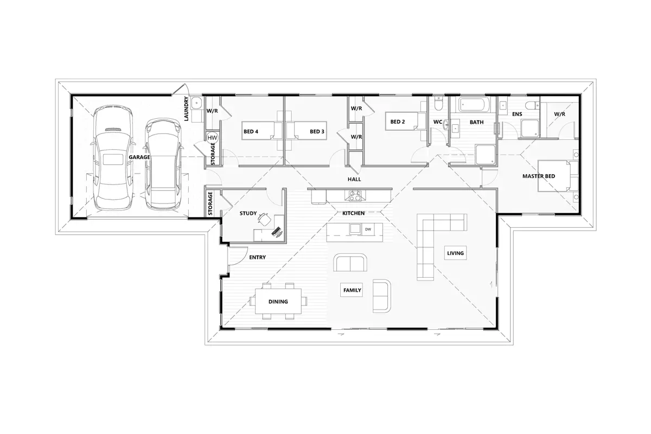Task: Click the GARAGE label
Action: point(139,157)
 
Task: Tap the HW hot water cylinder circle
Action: point(212,138)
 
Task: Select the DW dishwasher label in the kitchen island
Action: point(368,229)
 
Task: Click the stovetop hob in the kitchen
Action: point(353,195)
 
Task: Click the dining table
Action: point(278,301)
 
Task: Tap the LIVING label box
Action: point(455,253)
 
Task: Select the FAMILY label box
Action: point(352,290)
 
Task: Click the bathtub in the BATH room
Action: point(474,105)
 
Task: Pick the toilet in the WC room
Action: point(438,104)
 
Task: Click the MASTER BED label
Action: point(539,176)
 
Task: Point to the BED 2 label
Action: point(397,122)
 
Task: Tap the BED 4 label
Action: point(251,132)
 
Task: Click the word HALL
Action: point(354,180)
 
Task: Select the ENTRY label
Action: point(257,257)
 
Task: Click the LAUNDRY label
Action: point(186,108)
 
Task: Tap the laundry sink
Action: point(196,103)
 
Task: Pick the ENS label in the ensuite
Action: point(517,114)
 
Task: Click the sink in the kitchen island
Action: point(355,229)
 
